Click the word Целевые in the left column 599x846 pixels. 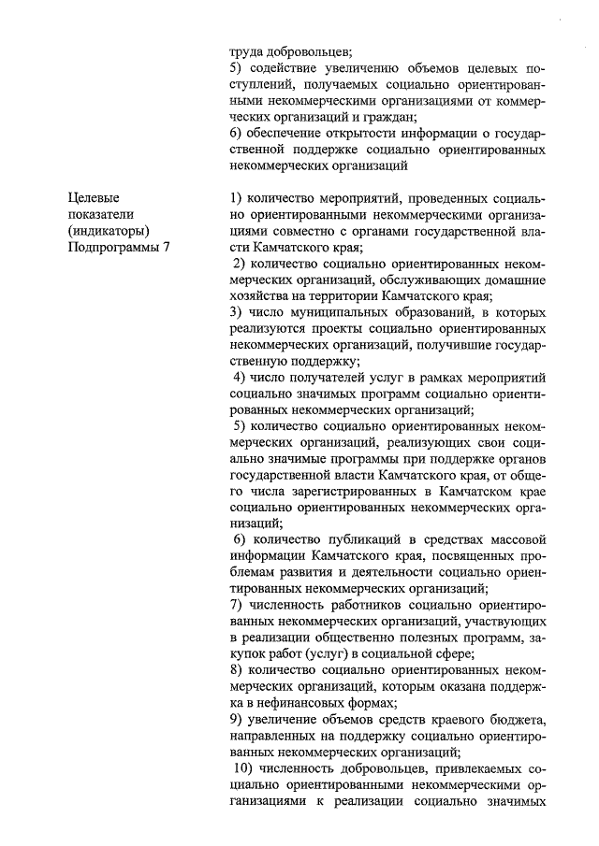click(94, 197)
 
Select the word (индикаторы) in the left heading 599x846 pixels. click(108, 230)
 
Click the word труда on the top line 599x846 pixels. click(247, 52)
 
